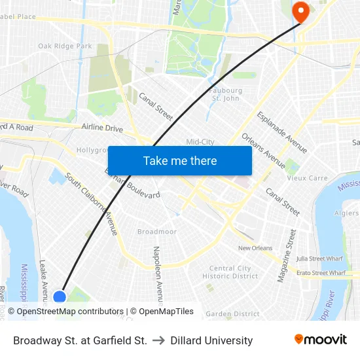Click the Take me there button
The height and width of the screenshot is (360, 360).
click(180, 160)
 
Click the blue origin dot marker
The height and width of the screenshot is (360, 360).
click(60, 297)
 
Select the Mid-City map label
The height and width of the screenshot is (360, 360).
click(200, 142)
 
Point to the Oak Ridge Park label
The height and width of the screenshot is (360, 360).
click(65, 46)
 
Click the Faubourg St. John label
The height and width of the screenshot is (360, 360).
click(226, 94)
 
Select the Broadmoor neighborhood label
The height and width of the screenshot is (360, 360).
click(156, 232)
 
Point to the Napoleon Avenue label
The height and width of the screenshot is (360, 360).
click(156, 272)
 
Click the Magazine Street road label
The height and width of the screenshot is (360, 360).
click(287, 256)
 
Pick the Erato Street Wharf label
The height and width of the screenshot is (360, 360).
click(321, 272)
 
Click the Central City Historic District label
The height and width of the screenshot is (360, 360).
click(230, 272)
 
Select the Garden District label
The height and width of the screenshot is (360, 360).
click(232, 314)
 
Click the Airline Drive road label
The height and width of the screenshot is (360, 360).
click(102, 128)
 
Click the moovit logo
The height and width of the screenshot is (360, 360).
click(321, 340)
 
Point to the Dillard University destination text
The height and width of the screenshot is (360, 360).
click(211, 340)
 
